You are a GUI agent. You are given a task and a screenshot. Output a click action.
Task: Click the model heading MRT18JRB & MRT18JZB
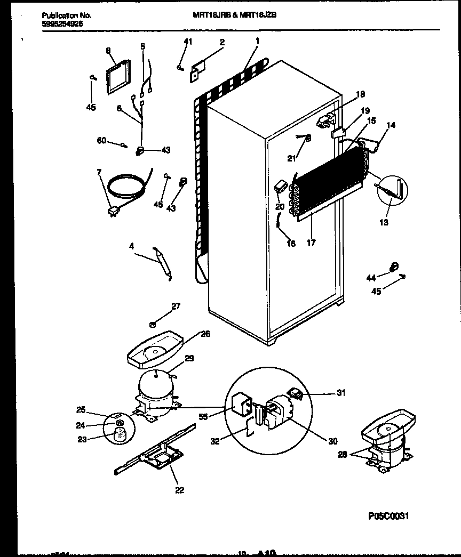(x=234, y=15)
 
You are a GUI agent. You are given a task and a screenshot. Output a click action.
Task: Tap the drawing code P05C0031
(x=390, y=516)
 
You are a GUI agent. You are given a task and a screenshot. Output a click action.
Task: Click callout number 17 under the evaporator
(x=311, y=243)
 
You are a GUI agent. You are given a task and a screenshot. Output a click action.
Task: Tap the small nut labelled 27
(x=153, y=323)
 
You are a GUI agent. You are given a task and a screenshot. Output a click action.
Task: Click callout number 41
(x=187, y=41)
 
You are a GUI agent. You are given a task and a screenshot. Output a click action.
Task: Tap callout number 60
(x=101, y=140)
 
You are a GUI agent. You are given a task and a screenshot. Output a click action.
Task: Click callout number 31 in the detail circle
(x=341, y=393)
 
